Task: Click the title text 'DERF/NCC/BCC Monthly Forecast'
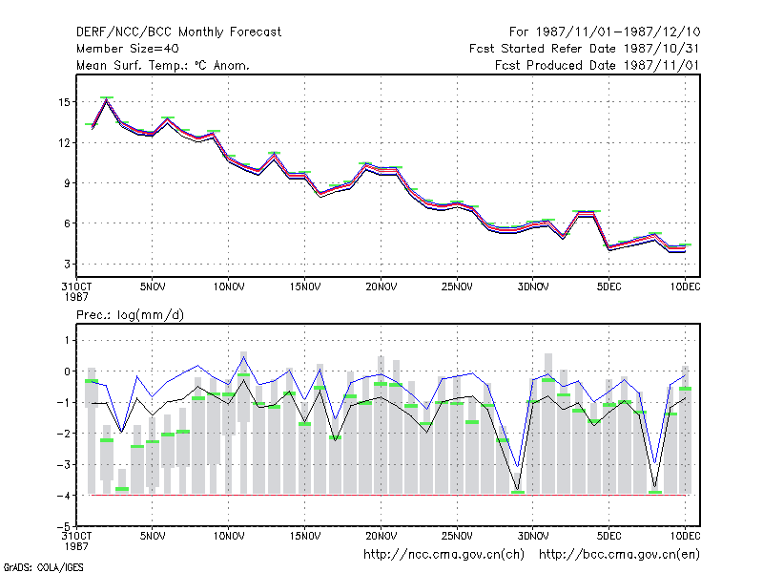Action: [x=178, y=32]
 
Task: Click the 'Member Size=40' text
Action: [x=128, y=49]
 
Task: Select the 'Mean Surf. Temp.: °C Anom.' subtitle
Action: [x=162, y=65]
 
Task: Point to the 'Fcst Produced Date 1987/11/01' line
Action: [x=597, y=65]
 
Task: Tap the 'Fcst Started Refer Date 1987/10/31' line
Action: [x=585, y=49]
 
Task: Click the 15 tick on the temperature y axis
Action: [x=64, y=102]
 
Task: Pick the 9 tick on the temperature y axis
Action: [x=67, y=183]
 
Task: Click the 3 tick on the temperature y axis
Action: [x=67, y=265]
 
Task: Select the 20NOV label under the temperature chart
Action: [x=381, y=287]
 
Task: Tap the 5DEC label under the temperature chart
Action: [x=609, y=287]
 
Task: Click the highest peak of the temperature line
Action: [x=107, y=100]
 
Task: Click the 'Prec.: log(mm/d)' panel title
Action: [x=130, y=315]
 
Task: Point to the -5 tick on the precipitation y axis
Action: [x=63, y=526]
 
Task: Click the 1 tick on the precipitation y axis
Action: [x=67, y=340]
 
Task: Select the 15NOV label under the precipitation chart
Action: [x=305, y=536]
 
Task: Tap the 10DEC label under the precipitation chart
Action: [x=685, y=536]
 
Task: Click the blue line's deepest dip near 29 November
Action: [x=518, y=467]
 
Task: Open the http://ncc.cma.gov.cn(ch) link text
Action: [x=443, y=555]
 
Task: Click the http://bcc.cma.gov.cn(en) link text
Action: [x=619, y=555]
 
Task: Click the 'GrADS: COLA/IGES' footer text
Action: [x=43, y=567]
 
